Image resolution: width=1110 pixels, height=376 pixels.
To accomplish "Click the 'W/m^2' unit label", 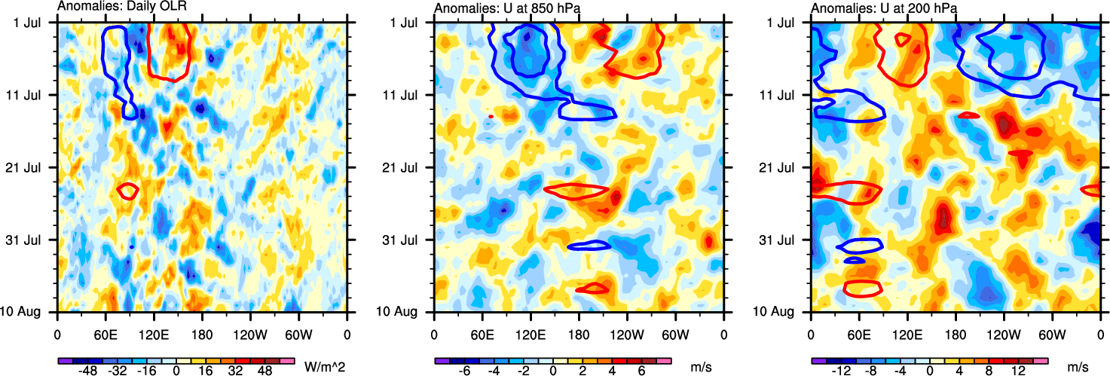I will (324, 367).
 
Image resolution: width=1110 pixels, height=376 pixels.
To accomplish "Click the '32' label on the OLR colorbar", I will (243, 372).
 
